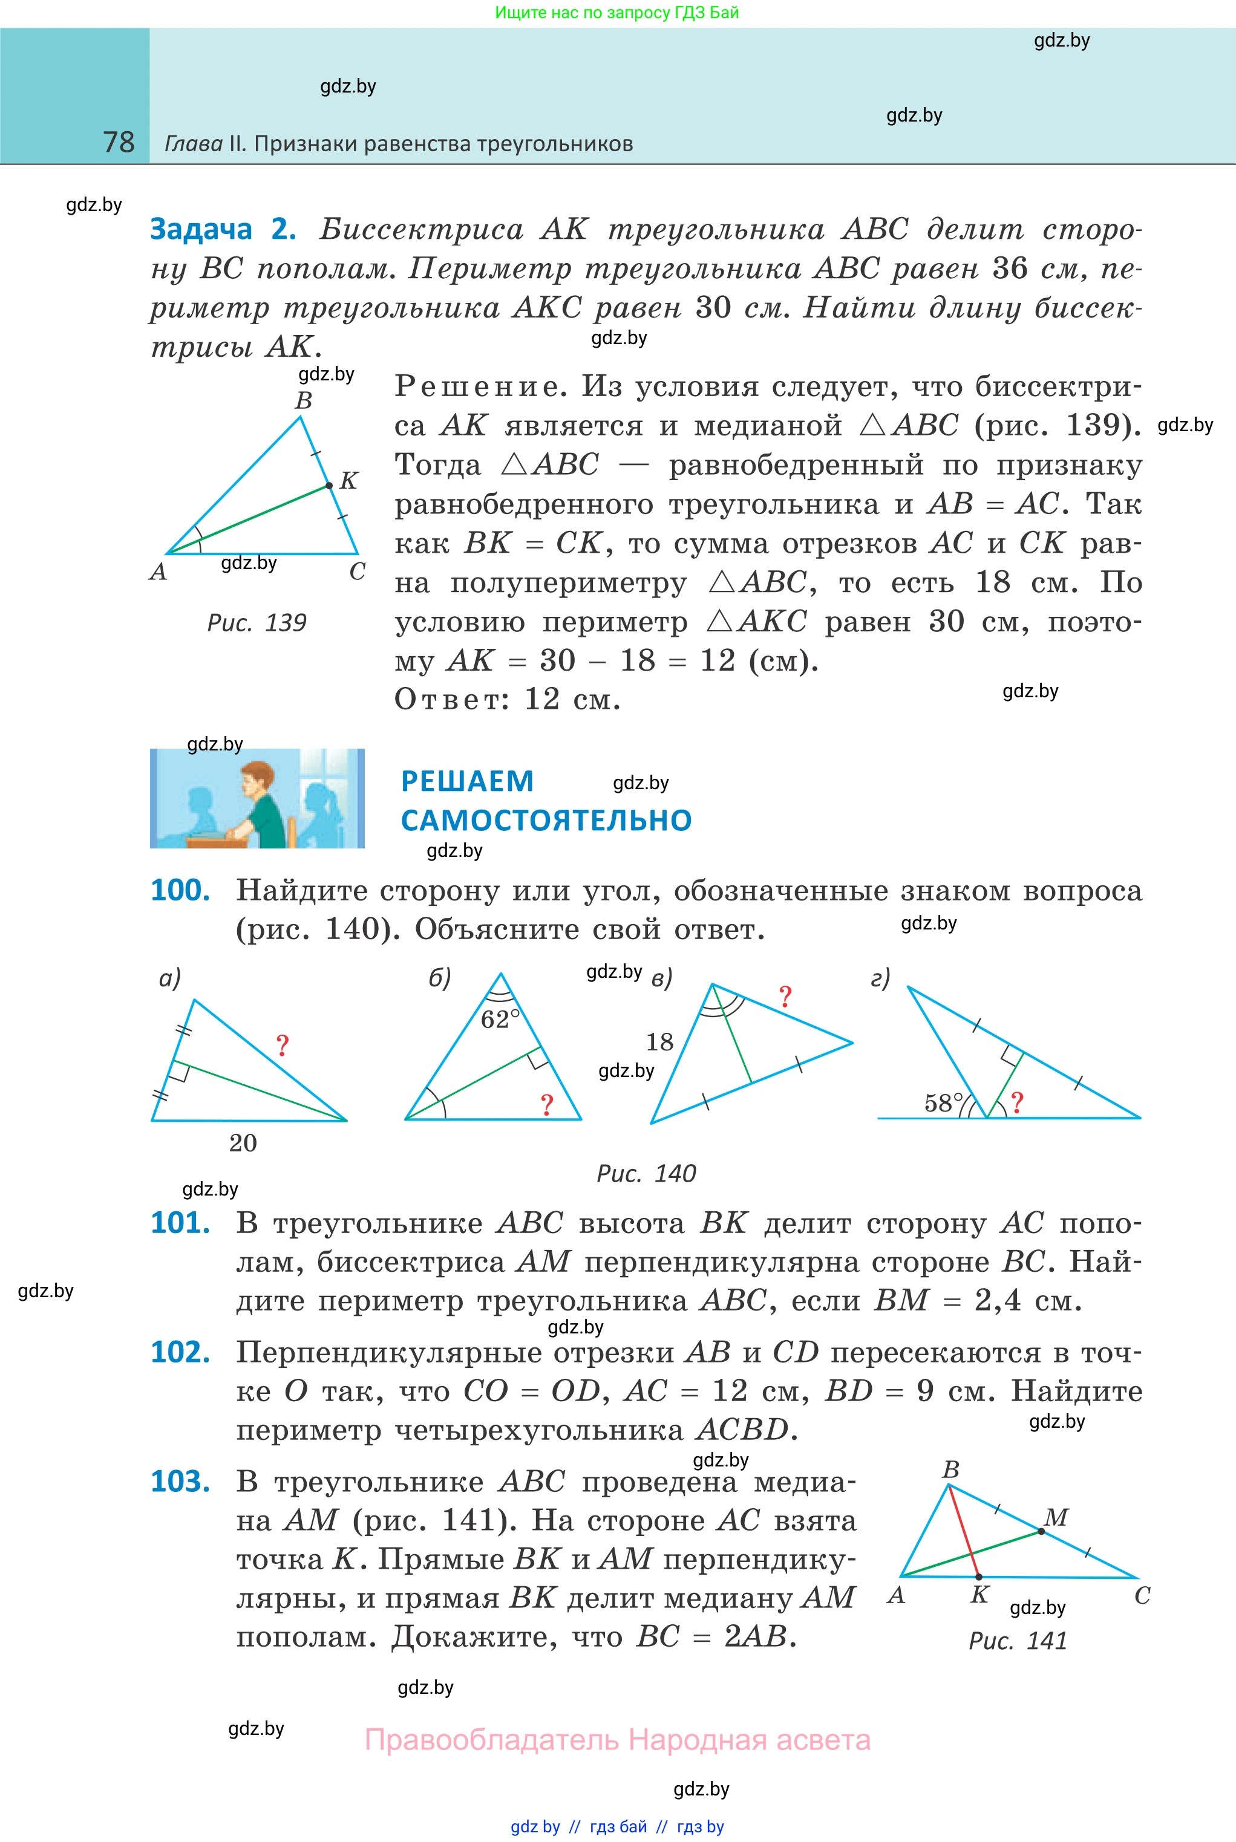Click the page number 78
(119, 142)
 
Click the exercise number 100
(180, 890)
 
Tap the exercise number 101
(180, 1222)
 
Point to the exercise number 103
(180, 1480)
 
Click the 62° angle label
(500, 1019)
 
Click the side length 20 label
(243, 1142)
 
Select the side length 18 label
(660, 1041)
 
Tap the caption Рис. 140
(646, 1173)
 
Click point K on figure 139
(330, 486)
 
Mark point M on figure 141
(1041, 1531)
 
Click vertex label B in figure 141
(950, 1469)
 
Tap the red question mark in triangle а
(282, 1046)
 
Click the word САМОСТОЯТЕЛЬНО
(546, 820)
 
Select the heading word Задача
(201, 229)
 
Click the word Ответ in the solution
(446, 699)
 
